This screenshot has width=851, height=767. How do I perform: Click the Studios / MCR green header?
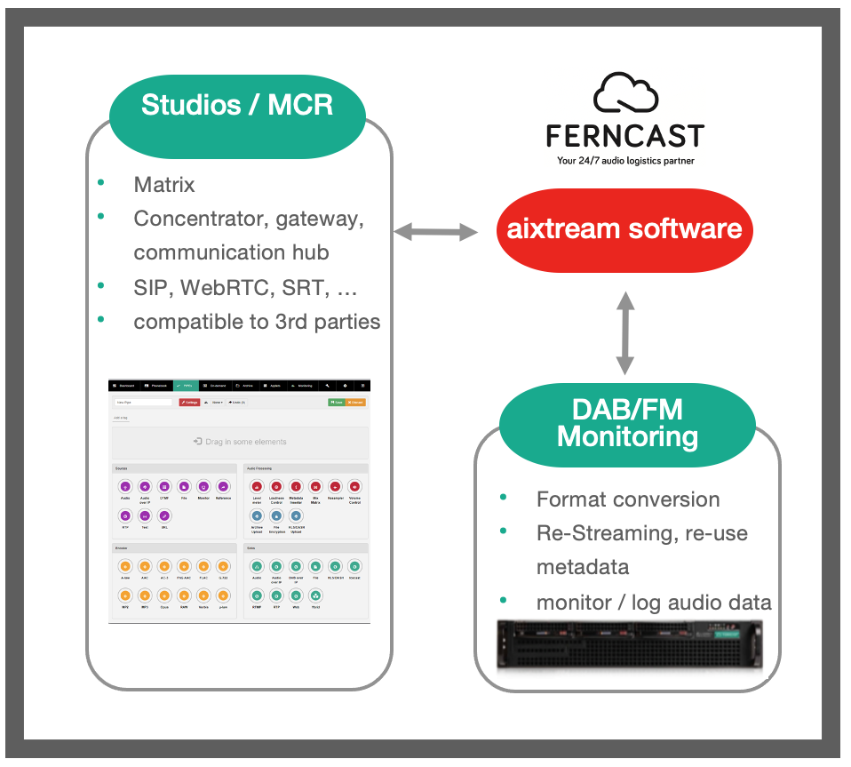click(237, 105)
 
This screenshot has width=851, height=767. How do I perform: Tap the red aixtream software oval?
click(624, 228)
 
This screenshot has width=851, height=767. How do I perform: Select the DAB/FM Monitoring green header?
click(627, 425)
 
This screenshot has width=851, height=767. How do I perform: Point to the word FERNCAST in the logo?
click(625, 136)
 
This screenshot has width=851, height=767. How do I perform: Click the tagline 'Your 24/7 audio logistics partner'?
click(625, 161)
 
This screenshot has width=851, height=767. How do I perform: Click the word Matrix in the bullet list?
click(164, 185)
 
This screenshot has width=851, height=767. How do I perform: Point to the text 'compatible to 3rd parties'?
click(257, 322)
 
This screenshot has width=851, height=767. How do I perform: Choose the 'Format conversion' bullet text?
click(628, 499)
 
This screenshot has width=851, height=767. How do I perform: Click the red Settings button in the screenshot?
click(188, 403)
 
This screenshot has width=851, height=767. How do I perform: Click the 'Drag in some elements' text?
click(240, 442)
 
